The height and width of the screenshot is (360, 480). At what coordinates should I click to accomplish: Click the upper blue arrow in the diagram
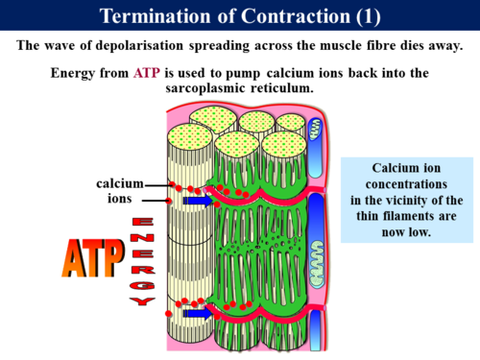click(198, 202)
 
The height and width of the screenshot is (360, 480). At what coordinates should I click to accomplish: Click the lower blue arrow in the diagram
click(198, 311)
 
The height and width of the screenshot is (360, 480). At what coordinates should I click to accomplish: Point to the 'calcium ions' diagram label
click(119, 190)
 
